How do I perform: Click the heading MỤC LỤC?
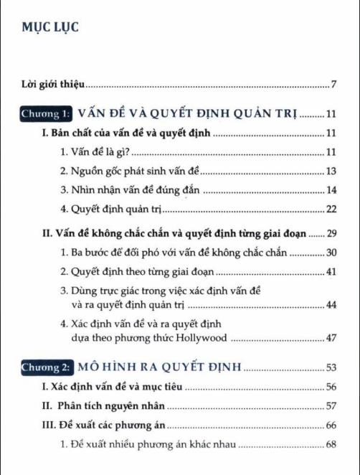pos(49,28)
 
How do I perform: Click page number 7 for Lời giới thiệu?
pos(334,86)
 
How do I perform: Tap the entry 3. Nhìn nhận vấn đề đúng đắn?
pos(131,190)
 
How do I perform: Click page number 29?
pos(331,233)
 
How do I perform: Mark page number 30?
pos(331,253)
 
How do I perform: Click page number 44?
pos(331,305)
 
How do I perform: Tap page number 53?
pos(331,368)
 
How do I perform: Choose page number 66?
pos(331,425)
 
